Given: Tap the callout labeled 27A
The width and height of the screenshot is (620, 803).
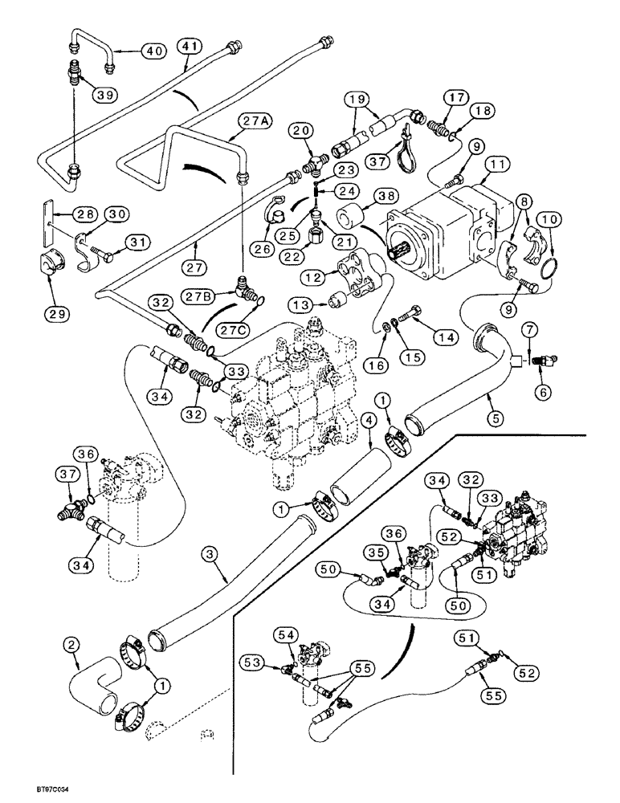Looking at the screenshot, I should [255, 121].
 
